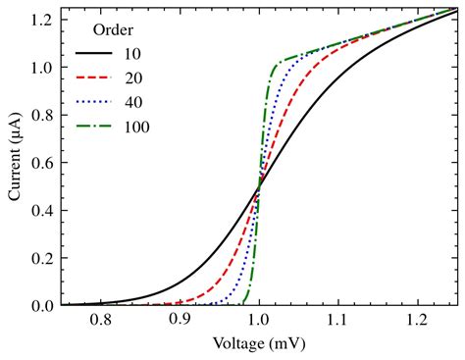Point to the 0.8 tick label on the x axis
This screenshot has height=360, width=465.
click(x=100, y=321)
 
